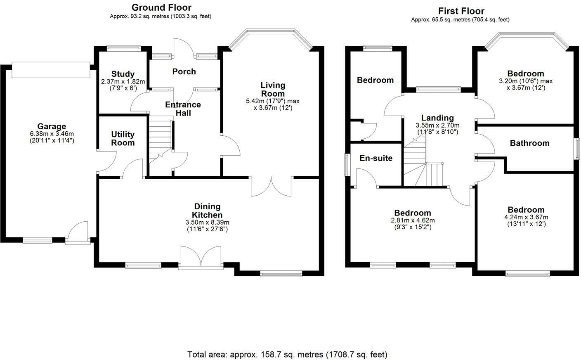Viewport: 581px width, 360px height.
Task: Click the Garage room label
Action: [x=52, y=126]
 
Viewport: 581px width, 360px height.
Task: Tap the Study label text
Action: [x=123, y=74]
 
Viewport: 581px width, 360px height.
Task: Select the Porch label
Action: [x=184, y=71]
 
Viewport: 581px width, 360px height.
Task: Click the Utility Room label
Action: [x=123, y=138]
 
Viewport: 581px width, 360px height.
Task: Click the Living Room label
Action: [x=273, y=89]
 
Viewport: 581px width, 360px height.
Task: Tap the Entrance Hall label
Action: [x=183, y=109]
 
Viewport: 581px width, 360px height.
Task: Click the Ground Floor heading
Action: [x=161, y=7]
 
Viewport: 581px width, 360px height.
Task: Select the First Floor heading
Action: [x=461, y=11]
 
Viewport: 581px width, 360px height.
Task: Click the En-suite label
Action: [x=376, y=158]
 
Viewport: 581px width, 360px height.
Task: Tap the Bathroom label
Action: [x=529, y=143]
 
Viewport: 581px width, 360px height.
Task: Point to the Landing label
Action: [x=437, y=118]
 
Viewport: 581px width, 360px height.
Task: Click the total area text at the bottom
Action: [x=287, y=354]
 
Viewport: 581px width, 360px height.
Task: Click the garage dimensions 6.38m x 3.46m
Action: [x=52, y=134]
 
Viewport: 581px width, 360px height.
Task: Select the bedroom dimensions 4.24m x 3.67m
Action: [x=526, y=218]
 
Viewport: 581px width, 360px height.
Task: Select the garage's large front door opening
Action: [x=51, y=69]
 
